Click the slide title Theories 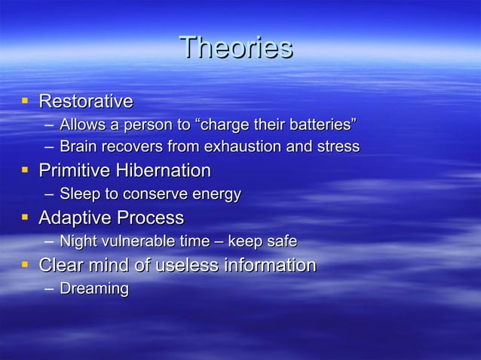(236, 48)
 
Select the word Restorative (85, 101)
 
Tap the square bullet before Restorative (25, 99)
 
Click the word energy (214, 194)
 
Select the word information (271, 265)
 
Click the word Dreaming (93, 288)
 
